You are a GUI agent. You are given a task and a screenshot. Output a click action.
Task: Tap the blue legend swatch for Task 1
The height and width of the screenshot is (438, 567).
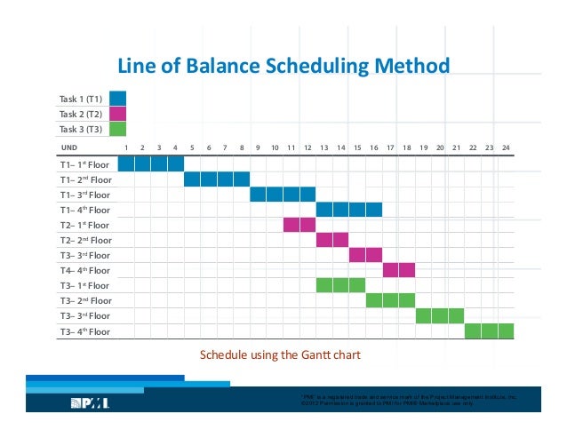click(117, 98)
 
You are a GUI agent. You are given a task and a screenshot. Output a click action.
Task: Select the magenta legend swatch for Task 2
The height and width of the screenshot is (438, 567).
click(117, 114)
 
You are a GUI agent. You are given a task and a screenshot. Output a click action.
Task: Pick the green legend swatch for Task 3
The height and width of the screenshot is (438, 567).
click(117, 129)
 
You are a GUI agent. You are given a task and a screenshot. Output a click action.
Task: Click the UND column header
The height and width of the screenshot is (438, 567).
click(68, 147)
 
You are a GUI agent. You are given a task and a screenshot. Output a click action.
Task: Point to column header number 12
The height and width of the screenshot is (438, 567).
click(307, 147)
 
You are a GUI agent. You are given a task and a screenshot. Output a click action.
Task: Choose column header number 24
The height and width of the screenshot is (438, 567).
click(506, 147)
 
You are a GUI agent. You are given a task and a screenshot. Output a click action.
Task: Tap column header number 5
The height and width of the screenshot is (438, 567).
click(192, 147)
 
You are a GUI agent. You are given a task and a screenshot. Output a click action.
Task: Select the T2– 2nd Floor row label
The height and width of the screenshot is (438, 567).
click(84, 240)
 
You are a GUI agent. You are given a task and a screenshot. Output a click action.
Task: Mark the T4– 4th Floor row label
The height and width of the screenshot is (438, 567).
click(84, 270)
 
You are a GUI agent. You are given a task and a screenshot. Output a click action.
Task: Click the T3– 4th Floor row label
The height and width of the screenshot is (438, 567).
click(84, 331)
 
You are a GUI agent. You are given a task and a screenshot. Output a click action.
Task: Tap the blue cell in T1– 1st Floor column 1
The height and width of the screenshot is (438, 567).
click(126, 163)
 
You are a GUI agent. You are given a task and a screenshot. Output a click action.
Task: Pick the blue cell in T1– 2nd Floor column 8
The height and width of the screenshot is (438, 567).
click(242, 179)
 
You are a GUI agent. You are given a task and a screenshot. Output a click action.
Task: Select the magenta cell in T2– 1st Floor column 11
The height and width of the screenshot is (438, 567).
click(291, 224)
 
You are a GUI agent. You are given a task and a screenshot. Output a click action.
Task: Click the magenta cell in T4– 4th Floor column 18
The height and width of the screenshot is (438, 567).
click(407, 270)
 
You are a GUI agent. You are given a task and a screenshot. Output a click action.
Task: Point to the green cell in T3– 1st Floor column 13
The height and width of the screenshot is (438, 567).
click(324, 285)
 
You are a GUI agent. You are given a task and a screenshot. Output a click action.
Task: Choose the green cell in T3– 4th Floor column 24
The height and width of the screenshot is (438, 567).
click(506, 331)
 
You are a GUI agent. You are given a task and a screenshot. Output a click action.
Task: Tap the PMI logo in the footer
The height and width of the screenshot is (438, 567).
click(90, 403)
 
